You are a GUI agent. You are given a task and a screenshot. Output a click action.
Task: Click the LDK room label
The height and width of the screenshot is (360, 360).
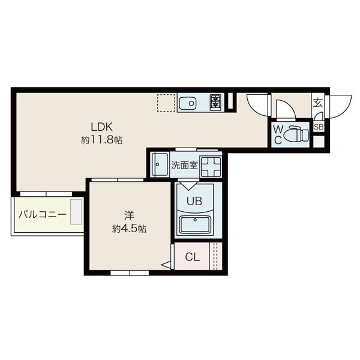[102, 127]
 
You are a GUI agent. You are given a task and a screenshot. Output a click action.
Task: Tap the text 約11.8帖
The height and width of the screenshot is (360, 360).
[102, 140]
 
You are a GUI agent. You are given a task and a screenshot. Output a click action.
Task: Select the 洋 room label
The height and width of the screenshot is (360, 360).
[129, 215]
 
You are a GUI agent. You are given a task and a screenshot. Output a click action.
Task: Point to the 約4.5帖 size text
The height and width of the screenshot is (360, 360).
[129, 229]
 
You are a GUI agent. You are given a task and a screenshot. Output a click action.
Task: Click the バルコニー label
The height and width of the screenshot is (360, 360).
[43, 214]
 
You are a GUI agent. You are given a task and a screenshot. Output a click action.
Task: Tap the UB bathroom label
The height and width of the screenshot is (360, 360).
[194, 202]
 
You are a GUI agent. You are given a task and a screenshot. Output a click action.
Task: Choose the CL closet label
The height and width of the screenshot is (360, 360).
[193, 257]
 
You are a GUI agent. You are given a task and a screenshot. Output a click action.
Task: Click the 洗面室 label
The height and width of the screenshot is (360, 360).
[184, 166]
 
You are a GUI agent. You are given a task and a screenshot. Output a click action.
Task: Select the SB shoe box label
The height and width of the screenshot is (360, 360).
[319, 127]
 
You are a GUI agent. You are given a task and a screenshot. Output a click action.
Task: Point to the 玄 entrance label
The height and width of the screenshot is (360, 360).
[318, 103]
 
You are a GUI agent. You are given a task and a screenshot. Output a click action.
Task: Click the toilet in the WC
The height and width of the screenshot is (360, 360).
[296, 134]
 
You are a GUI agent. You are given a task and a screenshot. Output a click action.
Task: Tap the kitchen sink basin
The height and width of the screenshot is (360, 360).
[187, 103]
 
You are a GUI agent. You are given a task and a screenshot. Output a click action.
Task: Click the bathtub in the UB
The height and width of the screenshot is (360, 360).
[194, 225]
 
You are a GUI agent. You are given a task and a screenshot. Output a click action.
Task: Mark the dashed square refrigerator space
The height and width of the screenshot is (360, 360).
[166, 103]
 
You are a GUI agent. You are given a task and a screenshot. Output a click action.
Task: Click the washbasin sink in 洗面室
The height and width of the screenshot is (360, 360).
[160, 164]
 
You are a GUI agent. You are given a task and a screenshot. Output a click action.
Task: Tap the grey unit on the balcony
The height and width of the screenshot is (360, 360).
[76, 212]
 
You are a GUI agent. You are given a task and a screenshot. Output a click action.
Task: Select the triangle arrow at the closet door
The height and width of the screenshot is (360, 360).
[166, 265]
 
